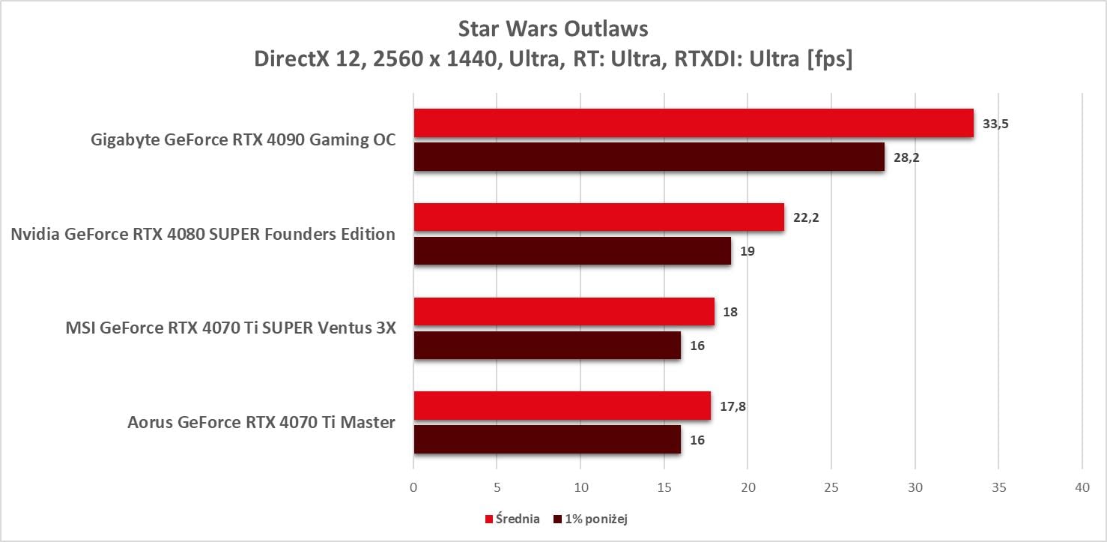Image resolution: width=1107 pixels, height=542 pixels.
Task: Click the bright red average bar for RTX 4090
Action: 693,123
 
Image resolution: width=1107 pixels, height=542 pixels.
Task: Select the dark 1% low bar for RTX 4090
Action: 649,157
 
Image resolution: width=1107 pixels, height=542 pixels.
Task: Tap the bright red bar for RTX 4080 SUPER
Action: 598,217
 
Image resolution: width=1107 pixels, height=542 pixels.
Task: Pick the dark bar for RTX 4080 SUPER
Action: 572,251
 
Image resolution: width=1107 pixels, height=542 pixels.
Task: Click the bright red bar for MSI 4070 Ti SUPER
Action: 564,311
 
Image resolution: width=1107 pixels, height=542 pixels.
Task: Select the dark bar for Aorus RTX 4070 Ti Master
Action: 547,439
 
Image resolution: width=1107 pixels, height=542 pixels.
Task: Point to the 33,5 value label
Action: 995,124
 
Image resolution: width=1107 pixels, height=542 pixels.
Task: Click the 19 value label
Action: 747,251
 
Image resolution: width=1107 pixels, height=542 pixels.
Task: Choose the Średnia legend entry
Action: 514,519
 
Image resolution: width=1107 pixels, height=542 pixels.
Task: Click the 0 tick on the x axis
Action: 413,487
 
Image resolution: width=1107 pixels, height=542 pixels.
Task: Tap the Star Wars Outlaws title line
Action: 553,30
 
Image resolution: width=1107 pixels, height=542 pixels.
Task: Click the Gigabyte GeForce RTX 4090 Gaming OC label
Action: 243,139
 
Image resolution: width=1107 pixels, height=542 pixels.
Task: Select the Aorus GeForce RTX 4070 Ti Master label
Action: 261,422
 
